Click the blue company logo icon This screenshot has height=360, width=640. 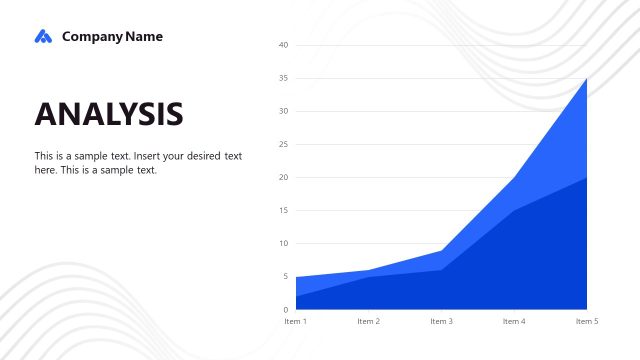[x=42, y=37]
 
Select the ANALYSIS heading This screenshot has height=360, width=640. [x=109, y=114]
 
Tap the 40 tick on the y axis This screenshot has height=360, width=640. [x=283, y=45]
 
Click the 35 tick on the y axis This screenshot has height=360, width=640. [x=283, y=78]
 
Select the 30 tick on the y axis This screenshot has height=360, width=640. [x=283, y=111]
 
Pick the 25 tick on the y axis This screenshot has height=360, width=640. [x=283, y=144]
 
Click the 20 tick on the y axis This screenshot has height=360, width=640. [x=283, y=177]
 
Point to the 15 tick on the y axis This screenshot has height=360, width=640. [x=283, y=210]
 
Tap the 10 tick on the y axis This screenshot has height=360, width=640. [x=283, y=243]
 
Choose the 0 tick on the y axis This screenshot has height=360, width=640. [x=285, y=309]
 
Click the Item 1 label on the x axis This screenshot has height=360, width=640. [x=296, y=321]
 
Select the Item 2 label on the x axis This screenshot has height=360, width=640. [x=369, y=321]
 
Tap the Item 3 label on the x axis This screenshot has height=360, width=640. [x=441, y=321]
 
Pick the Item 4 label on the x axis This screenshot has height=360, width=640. [x=514, y=321]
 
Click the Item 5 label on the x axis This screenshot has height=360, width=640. [x=587, y=321]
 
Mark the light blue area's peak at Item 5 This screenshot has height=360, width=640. [x=586, y=80]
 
